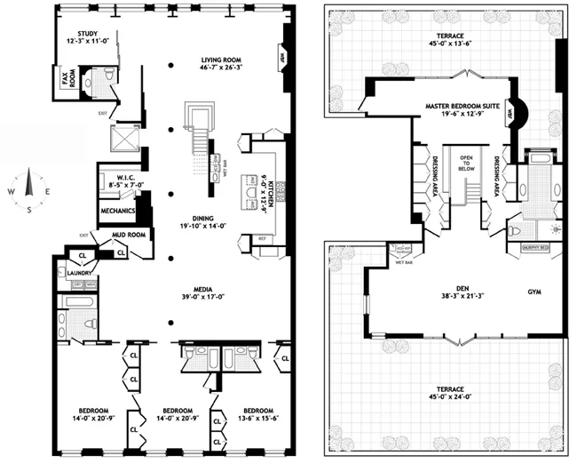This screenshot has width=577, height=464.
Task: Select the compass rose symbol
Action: click(x=28, y=188)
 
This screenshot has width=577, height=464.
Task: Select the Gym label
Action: click(x=533, y=291)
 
